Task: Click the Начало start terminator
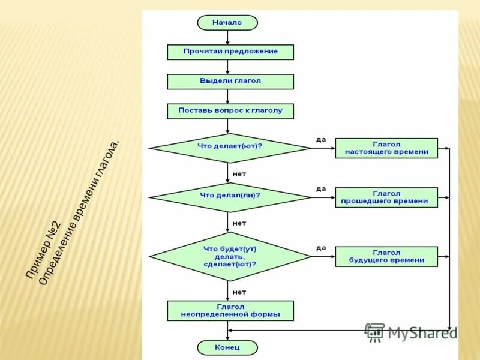tap(227, 23)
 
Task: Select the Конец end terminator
tap(227, 347)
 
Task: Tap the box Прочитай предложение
tap(230, 52)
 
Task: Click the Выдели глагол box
tap(230, 81)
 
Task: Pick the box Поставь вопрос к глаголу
tap(230, 111)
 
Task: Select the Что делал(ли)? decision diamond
tap(230, 196)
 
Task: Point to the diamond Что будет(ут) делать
tap(230, 256)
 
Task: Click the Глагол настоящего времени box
tap(386, 148)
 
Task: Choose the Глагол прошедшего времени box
tap(386, 197)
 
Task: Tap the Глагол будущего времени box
tap(386, 257)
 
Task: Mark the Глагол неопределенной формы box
tap(230, 310)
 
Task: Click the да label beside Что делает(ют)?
tap(321, 140)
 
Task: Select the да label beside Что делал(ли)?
tap(321, 188)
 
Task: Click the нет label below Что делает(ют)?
tap(239, 173)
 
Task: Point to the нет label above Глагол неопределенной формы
tap(239, 292)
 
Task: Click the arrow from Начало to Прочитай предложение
tap(227, 37)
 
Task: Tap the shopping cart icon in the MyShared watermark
tap(375, 332)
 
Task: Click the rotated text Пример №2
tap(44, 250)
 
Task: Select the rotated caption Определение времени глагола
tap(79, 212)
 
